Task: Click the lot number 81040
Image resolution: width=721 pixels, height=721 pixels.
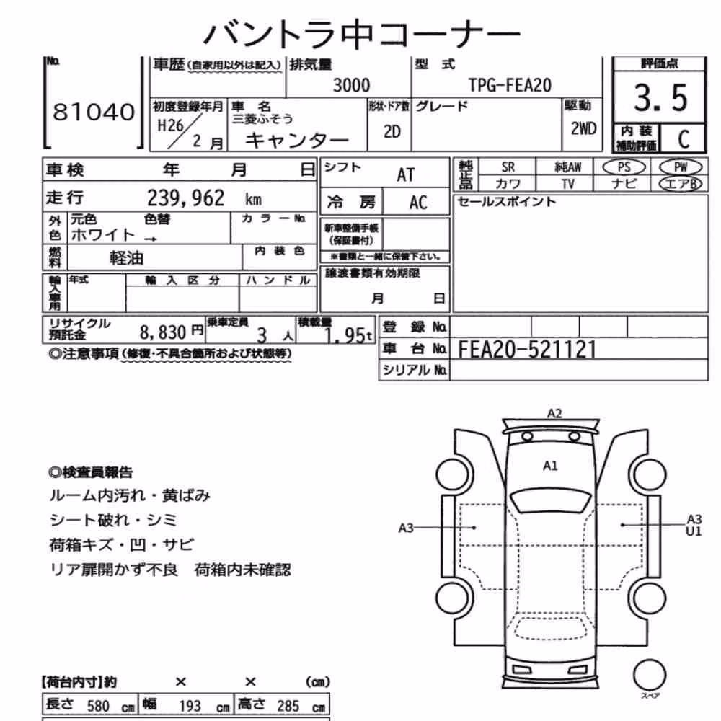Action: pos(94,112)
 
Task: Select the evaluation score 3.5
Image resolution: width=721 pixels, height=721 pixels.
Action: pos(660,98)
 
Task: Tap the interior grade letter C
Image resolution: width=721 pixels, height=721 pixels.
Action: pos(684,139)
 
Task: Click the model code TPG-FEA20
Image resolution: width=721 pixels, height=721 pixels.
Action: pos(510,85)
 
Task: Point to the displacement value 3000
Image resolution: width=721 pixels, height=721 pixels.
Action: pos(351,86)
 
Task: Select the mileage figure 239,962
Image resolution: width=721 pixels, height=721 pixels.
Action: pos(186,198)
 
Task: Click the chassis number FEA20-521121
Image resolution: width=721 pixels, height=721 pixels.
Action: pos(527,350)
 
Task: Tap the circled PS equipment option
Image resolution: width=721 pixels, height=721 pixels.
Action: pos(624,167)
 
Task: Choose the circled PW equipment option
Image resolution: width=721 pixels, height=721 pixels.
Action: pos(681,167)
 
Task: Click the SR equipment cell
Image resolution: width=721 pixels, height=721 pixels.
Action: pos(508,167)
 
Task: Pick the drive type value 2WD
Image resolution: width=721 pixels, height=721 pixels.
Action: pos(583,129)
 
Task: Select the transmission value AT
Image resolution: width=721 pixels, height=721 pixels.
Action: pos(405,175)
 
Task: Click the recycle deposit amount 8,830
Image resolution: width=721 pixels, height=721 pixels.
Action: pos(163,332)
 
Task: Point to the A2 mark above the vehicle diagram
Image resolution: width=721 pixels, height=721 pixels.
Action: pos(554,413)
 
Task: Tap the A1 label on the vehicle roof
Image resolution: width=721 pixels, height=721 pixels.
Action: pos(550,466)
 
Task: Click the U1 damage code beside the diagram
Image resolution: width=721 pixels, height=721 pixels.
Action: pos(694,531)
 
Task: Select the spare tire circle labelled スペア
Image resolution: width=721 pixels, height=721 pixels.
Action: pos(650,675)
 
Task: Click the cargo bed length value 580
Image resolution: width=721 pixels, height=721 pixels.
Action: pos(98,706)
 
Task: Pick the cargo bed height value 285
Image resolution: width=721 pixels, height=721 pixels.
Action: pos(288,706)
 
